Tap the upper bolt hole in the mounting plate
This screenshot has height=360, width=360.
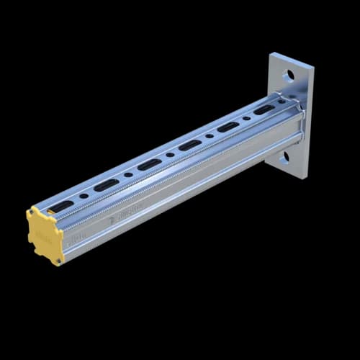(x=288, y=75)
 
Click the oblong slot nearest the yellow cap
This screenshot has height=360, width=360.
(x=65, y=206)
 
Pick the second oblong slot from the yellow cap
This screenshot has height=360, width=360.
(x=106, y=185)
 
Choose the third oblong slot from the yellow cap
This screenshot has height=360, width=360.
(x=149, y=164)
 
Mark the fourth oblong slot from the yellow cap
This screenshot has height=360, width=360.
(x=190, y=145)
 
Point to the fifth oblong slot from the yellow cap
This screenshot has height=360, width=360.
(x=228, y=127)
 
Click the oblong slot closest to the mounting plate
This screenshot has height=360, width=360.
(x=264, y=109)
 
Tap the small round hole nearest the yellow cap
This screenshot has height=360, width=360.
(x=84, y=196)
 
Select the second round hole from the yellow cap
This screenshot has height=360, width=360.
(x=128, y=174)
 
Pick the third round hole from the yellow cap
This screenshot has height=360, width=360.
(x=170, y=154)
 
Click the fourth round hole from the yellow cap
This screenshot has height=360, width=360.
(x=210, y=135)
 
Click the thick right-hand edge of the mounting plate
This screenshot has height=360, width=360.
(x=309, y=122)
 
